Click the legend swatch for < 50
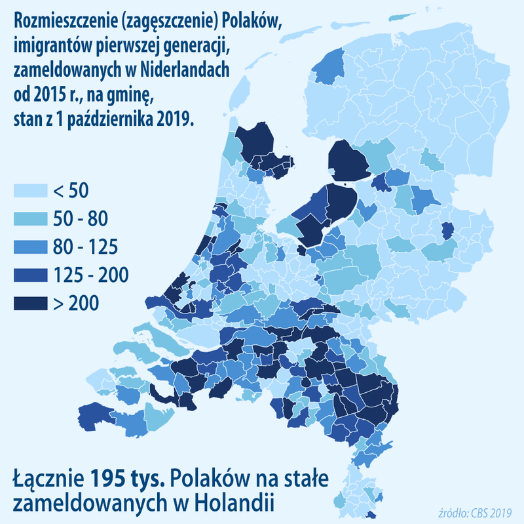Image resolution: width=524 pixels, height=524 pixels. pyautogui.click(x=31, y=191)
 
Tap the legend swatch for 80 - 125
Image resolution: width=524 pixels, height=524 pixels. pyautogui.click(x=31, y=247)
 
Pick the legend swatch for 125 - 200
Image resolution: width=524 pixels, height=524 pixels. pyautogui.click(x=31, y=275)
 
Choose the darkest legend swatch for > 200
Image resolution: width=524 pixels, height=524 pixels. pyautogui.click(x=31, y=304)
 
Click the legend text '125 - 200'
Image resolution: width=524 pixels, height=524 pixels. pyautogui.click(x=91, y=275)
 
